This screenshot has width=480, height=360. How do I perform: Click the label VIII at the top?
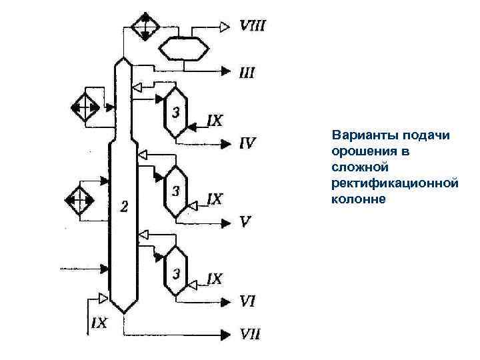pos(253,27)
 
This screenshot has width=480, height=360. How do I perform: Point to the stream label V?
pos(245,221)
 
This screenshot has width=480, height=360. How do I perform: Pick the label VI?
pos(247,301)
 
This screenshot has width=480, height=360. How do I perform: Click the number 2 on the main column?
pos(123,205)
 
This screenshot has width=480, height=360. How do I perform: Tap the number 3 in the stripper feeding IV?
pos(176,112)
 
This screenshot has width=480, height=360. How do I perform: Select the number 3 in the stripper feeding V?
pos(176,191)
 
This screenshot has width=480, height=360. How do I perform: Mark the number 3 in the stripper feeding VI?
pos(176,272)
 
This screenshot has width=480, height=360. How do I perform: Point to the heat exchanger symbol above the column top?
pos(143,26)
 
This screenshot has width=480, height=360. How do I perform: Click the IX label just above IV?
pos(216,121)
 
